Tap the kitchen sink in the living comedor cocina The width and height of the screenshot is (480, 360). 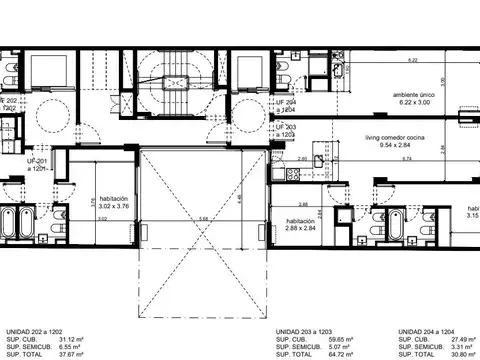[319, 159]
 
